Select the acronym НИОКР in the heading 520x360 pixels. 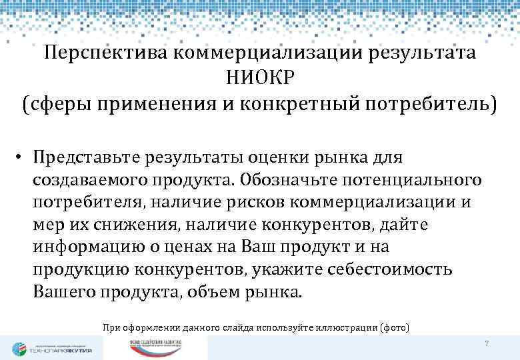tap(259, 79)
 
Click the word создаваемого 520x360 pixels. tap(95, 180)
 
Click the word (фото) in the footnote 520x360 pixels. tap(395, 327)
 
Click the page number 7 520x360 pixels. tap(487, 343)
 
